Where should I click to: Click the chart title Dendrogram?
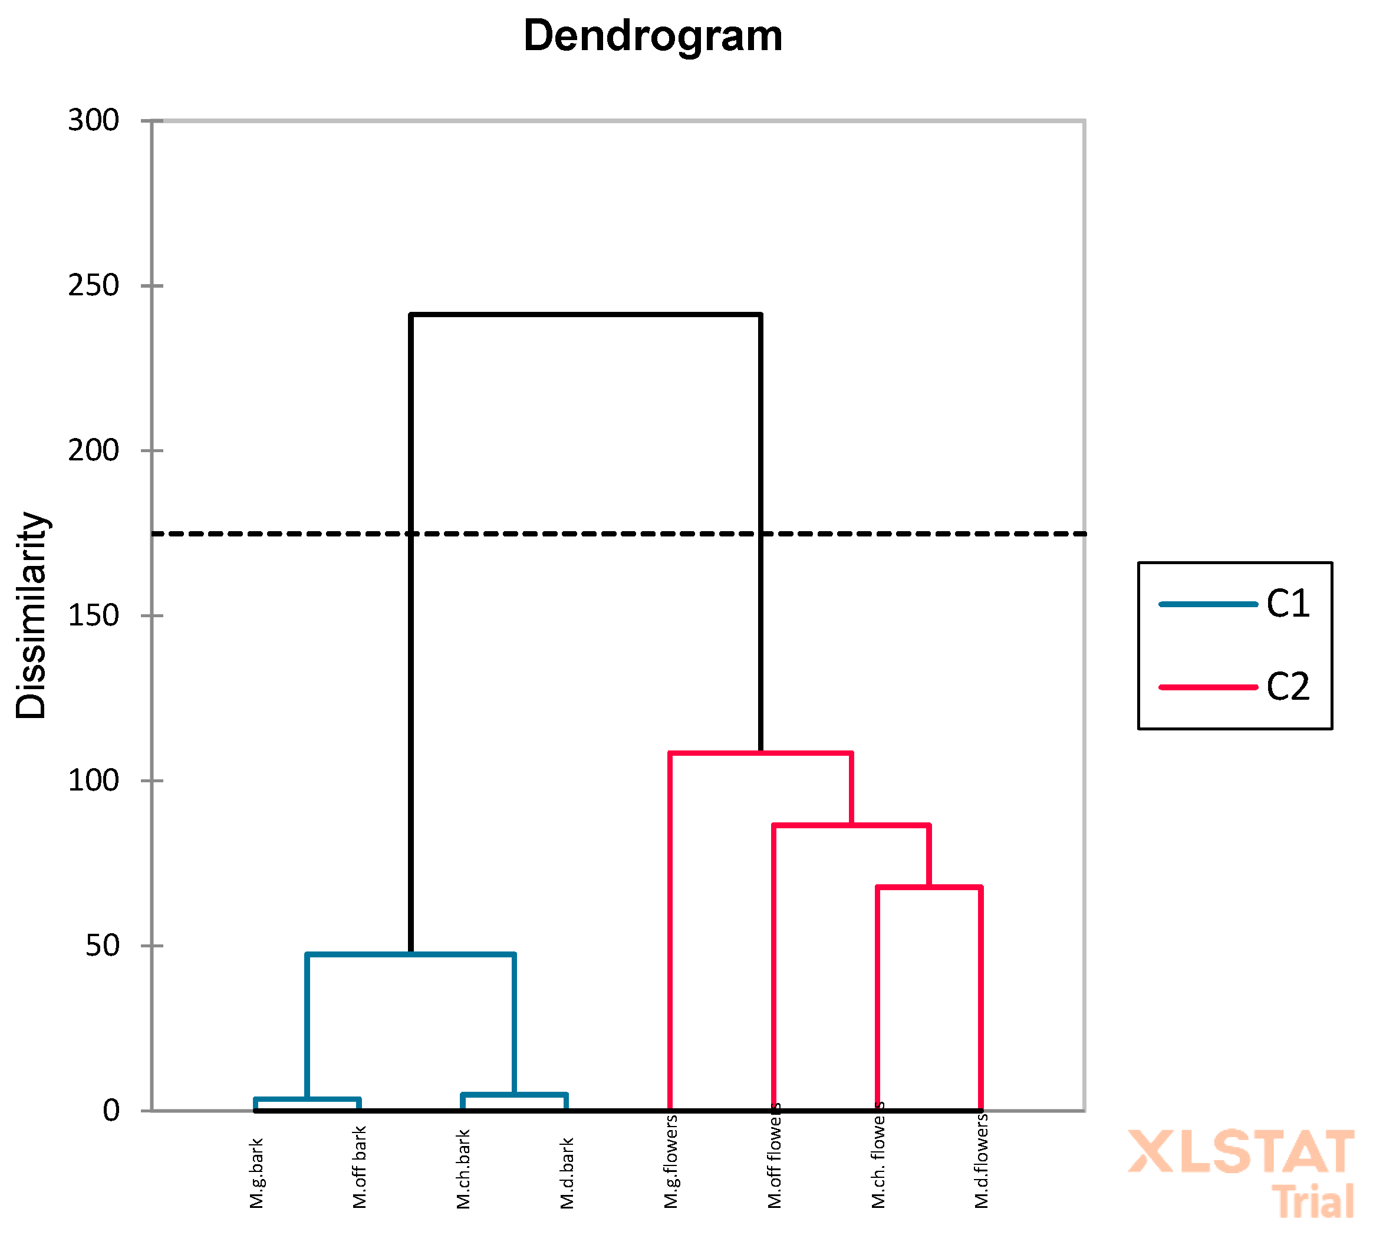[653, 35]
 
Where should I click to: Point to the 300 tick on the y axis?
[93, 121]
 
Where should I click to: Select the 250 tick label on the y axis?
[93, 285]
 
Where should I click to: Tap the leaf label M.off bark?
[360, 1167]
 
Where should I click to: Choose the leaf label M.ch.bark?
[464, 1169]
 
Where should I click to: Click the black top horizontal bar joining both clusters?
[586, 315]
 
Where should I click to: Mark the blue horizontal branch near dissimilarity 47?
[411, 955]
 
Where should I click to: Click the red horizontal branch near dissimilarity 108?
[760, 753]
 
